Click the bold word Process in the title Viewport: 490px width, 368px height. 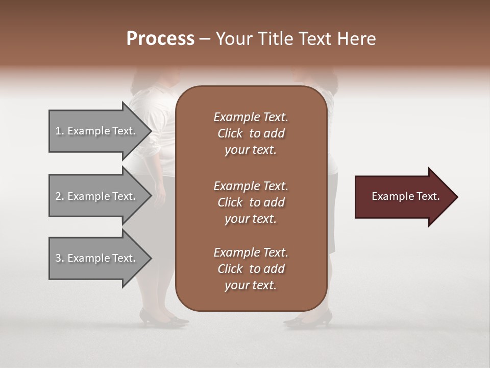[x=160, y=39]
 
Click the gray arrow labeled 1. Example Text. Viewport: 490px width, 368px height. [x=97, y=131]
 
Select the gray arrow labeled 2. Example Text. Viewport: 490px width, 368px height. [x=97, y=196]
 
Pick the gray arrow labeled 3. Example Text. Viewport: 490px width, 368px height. [x=97, y=258]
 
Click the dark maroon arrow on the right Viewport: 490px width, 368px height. [x=403, y=197]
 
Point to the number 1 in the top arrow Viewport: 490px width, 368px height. [x=58, y=131]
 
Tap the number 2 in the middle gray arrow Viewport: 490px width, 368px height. [x=58, y=196]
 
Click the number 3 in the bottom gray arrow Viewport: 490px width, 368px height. [x=58, y=258]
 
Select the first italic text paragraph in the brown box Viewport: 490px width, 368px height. [x=251, y=133]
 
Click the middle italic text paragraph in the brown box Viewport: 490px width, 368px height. [x=251, y=202]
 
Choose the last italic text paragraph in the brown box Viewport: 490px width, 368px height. [x=251, y=269]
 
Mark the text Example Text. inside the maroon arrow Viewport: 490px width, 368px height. [x=405, y=196]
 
